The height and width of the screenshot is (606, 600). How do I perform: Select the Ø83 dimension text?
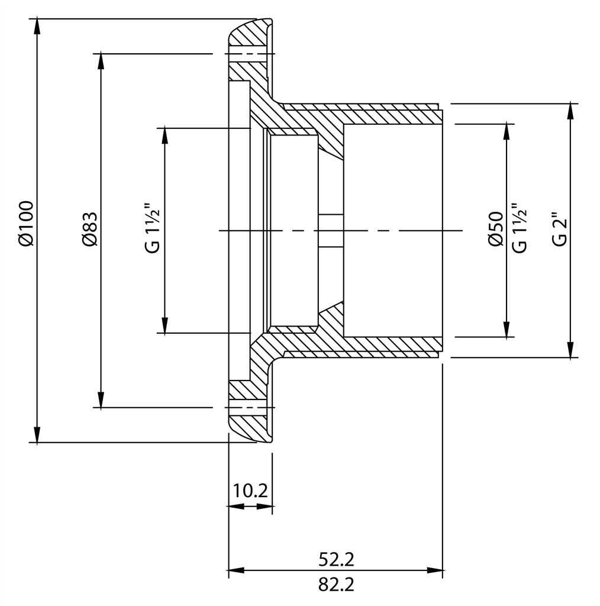click(x=90, y=229)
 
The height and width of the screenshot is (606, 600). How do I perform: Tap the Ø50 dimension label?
click(x=495, y=229)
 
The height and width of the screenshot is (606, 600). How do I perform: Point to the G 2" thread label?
click(x=560, y=230)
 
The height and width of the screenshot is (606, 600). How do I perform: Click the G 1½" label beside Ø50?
click(x=519, y=228)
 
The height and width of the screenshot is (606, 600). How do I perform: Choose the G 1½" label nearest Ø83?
click(x=152, y=230)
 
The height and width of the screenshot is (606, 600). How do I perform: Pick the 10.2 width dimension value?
click(x=250, y=491)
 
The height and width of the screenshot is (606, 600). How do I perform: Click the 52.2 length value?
click(x=336, y=559)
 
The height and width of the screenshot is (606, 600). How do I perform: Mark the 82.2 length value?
click(x=336, y=585)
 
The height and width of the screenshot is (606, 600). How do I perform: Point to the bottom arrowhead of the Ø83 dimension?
click(x=101, y=400)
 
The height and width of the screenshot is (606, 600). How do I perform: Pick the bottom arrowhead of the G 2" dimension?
click(x=570, y=350)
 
